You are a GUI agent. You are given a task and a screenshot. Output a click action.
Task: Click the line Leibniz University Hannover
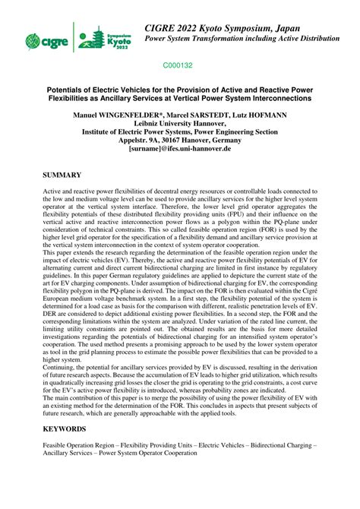click(x=180, y=123)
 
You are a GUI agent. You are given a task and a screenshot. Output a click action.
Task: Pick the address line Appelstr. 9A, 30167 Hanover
click(x=180, y=141)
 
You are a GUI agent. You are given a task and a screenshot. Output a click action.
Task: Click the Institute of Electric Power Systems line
click(x=180, y=132)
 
